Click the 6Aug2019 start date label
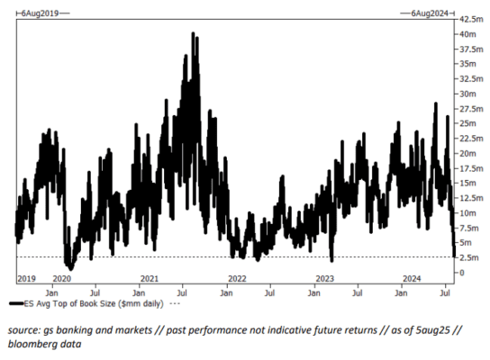[x=40, y=13]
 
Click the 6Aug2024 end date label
[x=430, y=13]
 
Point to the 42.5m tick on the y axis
[x=471, y=20]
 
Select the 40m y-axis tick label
[x=467, y=34]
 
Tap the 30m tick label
[x=467, y=94]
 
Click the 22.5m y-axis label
[x=471, y=139]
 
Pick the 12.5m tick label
[x=471, y=198]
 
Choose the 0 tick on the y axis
[x=461, y=273]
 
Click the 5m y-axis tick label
[x=466, y=243]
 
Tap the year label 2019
[x=26, y=278]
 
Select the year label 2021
[x=150, y=278]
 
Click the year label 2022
[x=237, y=278]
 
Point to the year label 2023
[x=324, y=278]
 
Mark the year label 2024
[x=412, y=278]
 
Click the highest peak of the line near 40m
[x=193, y=32]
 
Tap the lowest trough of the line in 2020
[x=71, y=269]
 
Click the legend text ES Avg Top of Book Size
[x=70, y=303]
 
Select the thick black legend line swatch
[x=16, y=303]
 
